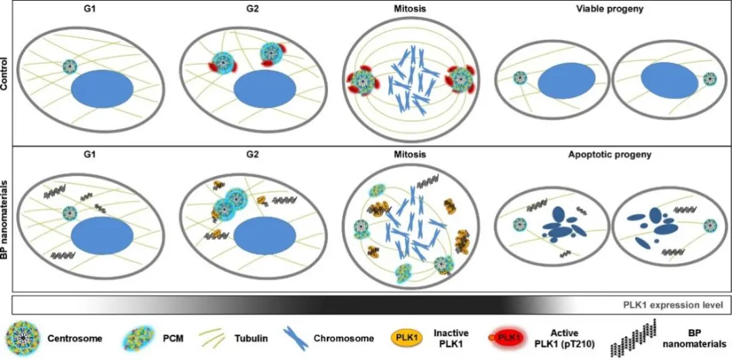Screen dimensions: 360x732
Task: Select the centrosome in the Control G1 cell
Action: pos(70,66)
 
